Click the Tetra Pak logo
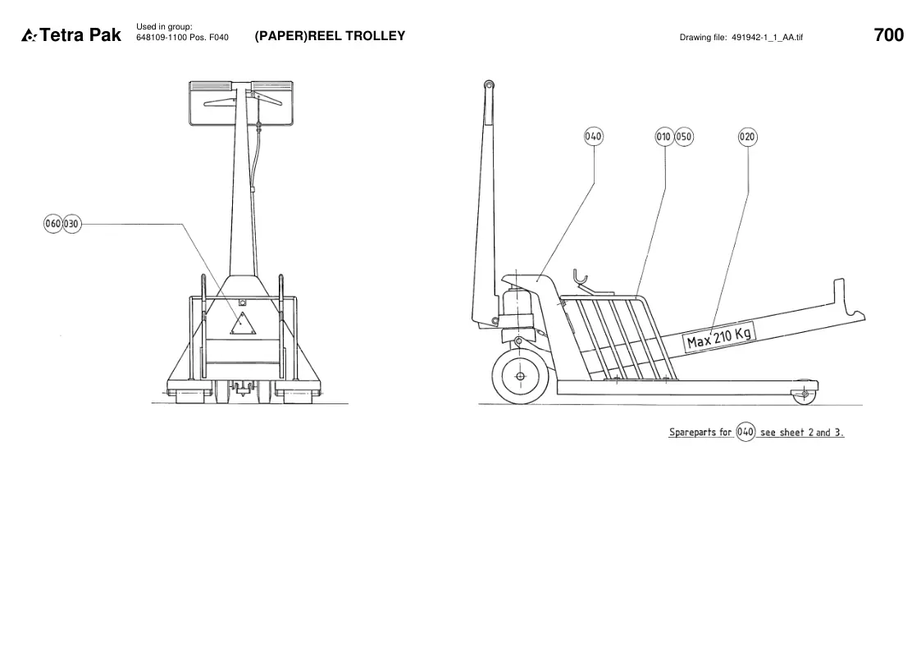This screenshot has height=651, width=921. click(71, 35)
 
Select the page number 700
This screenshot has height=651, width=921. click(889, 35)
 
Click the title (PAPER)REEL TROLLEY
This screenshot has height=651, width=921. click(331, 36)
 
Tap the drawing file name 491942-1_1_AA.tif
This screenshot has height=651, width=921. click(767, 37)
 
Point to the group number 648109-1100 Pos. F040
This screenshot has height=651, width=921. click(182, 38)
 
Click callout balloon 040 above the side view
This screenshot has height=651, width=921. click(593, 137)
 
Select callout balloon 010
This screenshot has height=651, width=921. click(663, 137)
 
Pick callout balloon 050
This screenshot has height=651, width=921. click(684, 137)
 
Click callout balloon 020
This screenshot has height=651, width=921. click(747, 137)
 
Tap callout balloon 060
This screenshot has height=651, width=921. click(52, 224)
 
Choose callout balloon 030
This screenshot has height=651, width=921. click(71, 224)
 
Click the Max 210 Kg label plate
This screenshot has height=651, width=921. click(719, 338)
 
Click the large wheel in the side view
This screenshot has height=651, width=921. click(521, 376)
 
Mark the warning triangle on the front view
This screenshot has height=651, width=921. click(243, 323)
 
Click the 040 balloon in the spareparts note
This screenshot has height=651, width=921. click(745, 432)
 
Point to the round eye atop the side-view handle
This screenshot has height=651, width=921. click(489, 86)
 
